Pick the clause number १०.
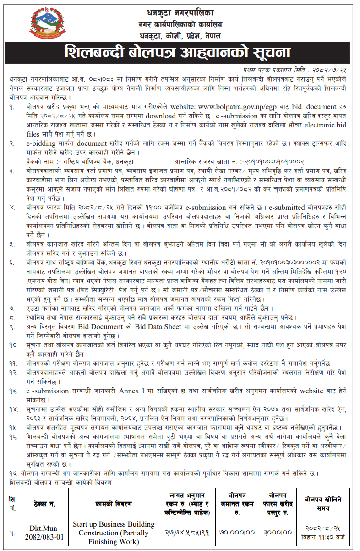click(13, 344)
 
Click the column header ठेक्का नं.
click(44, 503)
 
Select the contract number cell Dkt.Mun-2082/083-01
click(44, 533)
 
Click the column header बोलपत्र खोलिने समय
click(323, 503)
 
